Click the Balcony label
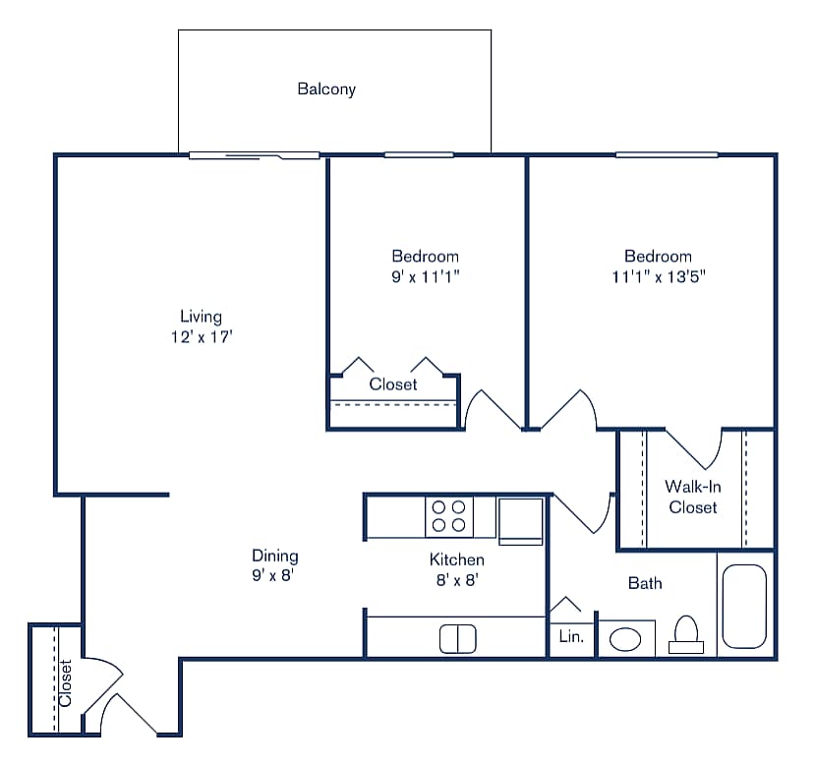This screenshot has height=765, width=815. click(x=326, y=89)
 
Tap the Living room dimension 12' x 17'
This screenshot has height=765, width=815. click(x=201, y=336)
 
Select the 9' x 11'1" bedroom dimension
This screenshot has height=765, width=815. click(x=426, y=276)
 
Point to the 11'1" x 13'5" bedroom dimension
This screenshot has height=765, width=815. click(x=658, y=276)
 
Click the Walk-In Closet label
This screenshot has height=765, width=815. click(x=692, y=497)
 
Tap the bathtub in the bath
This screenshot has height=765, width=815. click(x=744, y=606)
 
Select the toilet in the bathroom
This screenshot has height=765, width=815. click(x=685, y=634)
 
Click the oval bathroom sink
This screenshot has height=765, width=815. click(x=625, y=640)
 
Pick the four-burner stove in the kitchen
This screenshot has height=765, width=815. click(x=448, y=516)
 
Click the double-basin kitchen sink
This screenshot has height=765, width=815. click(x=456, y=639)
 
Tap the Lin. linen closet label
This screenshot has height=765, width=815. click(x=571, y=637)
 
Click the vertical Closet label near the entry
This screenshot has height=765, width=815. click(x=65, y=682)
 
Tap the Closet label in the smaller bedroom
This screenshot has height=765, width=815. click(x=393, y=384)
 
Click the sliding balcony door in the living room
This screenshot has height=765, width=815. click(x=254, y=155)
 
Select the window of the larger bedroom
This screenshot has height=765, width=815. click(x=667, y=154)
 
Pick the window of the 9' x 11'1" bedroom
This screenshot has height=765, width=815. click(x=419, y=154)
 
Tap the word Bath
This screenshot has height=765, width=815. click(x=645, y=583)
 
